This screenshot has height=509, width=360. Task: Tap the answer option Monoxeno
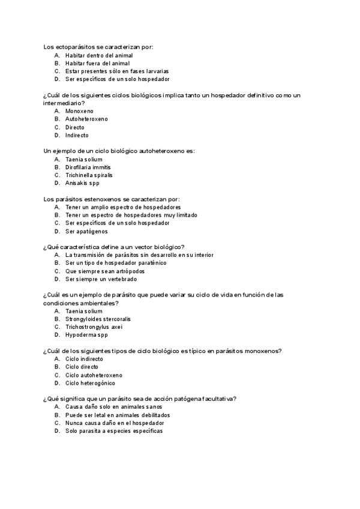[79, 111]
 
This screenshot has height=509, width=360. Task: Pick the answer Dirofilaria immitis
[88, 167]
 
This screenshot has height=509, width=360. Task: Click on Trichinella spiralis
[89, 175]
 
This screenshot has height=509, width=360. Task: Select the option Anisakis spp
[82, 183]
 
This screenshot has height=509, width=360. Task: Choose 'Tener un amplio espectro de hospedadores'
[123, 207]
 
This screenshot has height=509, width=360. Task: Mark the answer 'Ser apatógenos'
[87, 231]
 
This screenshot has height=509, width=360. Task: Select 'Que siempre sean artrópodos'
[105, 271]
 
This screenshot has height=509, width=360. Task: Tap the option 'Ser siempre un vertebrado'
[101, 279]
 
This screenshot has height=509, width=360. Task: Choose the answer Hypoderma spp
[86, 335]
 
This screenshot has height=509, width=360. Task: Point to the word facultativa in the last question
[219, 399]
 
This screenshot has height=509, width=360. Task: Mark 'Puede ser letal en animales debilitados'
[118, 415]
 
